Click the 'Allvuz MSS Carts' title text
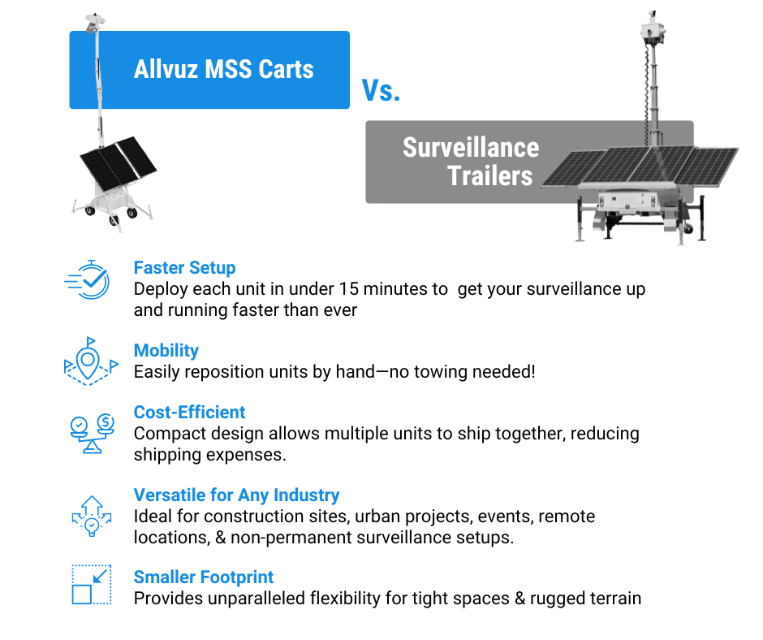pos(223,69)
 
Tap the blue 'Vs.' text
pos(381,91)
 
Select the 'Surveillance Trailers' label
pos(471,161)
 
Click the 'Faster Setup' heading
pos(184,267)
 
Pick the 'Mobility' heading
pos(166,350)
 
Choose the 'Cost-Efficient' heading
pos(189,412)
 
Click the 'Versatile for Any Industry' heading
pos(236,495)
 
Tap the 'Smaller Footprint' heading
pos(204,577)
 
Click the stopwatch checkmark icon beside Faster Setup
pos(88,279)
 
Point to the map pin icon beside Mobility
pos(91,361)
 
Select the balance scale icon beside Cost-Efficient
pos(92,433)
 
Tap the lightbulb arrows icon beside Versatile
pos(92,516)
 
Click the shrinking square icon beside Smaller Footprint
pos(92,585)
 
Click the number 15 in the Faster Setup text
pos(348,289)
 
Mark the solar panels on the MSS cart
pos(119,163)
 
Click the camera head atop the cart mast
pos(94,22)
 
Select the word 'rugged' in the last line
pos(557,599)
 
